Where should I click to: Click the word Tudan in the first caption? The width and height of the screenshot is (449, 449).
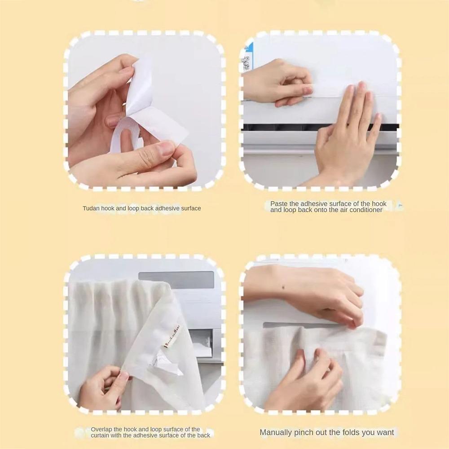(x=91, y=208)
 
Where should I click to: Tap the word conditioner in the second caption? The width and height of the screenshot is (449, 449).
(x=366, y=210)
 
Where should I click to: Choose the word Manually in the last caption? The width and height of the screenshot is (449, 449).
(x=276, y=432)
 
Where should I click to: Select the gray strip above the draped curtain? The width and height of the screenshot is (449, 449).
(x=176, y=279)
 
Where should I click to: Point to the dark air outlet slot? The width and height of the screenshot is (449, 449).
(x=278, y=128)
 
